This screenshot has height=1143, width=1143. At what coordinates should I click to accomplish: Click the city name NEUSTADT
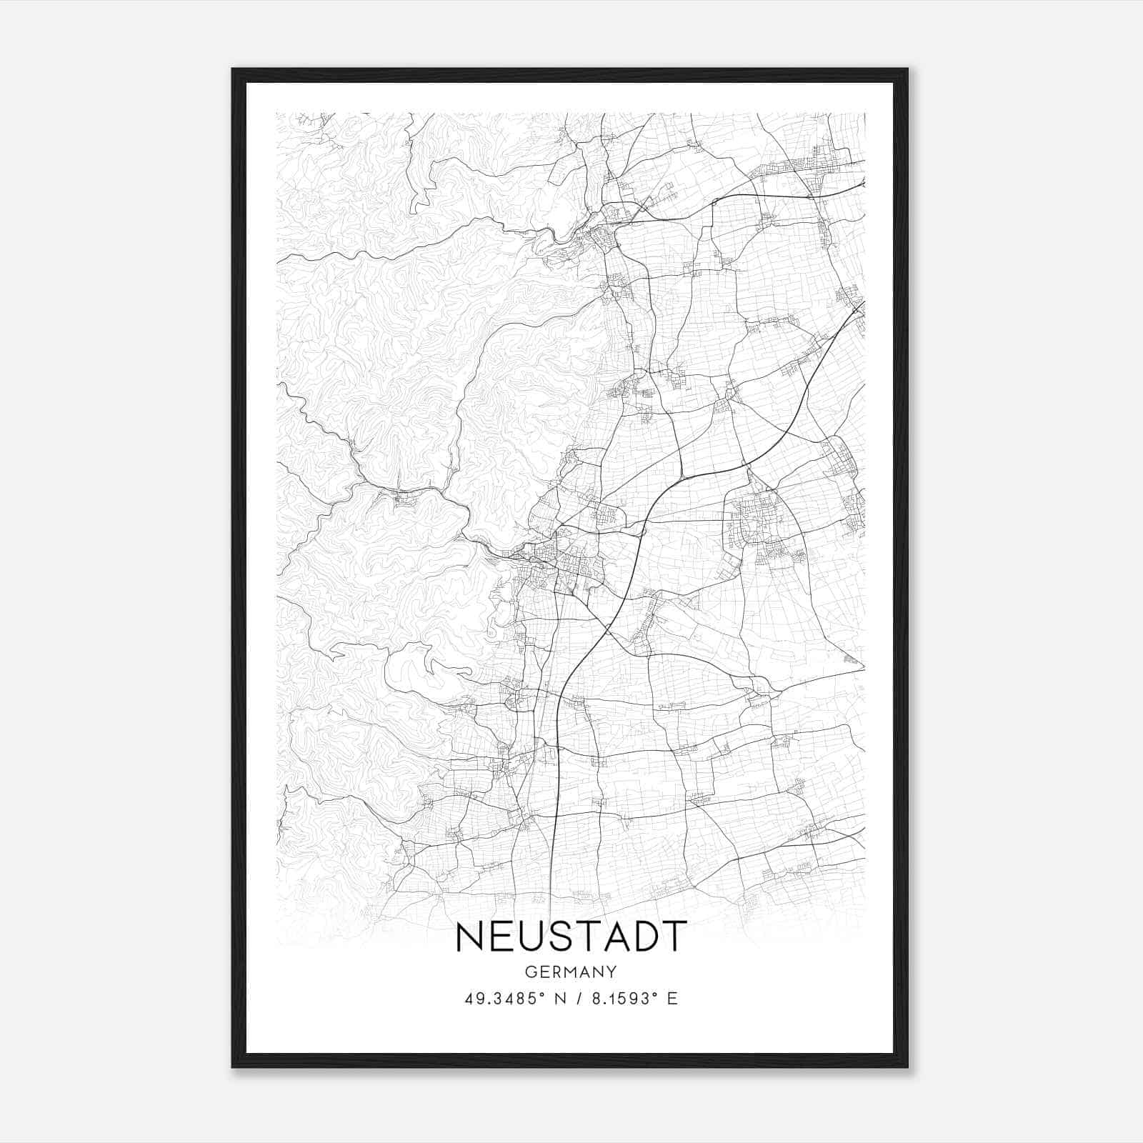coord(571,937)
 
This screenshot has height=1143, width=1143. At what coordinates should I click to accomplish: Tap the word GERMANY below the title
coord(571,972)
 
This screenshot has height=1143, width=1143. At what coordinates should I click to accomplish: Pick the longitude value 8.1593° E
coord(629,999)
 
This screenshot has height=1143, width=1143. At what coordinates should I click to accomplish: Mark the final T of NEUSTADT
coord(674,937)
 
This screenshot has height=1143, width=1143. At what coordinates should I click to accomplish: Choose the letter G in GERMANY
coord(530,972)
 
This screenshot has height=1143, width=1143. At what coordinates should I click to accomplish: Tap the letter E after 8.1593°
coord(672,999)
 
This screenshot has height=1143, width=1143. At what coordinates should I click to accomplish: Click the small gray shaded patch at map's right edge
coord(851,659)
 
